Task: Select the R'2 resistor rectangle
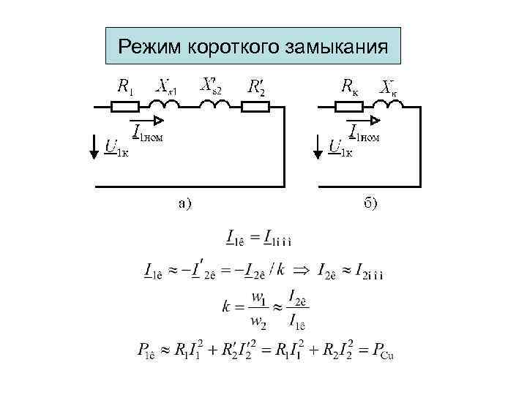tap(256, 107)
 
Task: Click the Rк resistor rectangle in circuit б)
tap(348, 107)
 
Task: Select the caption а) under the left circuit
tap(184, 203)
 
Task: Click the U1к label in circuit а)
tap(116, 149)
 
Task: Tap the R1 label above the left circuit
tap(125, 86)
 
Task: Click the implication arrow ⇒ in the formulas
tap(301, 271)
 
